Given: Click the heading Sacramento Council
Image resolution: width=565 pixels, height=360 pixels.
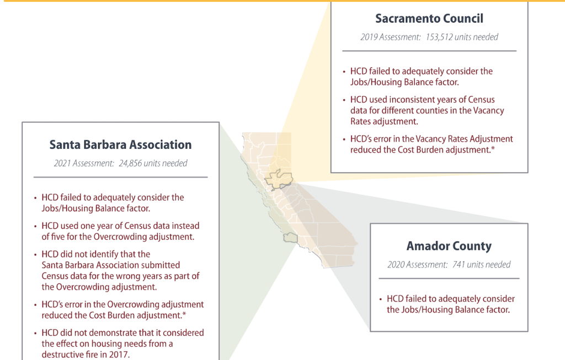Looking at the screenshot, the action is (x=429, y=18).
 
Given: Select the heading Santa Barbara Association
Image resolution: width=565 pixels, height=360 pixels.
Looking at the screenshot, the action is (x=120, y=145).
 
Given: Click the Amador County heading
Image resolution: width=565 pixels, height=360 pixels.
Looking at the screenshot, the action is (x=449, y=246).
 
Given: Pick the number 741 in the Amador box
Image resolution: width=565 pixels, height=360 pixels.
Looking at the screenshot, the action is (x=459, y=265).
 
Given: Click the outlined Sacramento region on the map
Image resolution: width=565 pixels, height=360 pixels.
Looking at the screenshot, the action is (x=278, y=179).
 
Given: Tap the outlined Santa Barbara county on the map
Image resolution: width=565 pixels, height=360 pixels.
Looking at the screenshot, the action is (x=290, y=238).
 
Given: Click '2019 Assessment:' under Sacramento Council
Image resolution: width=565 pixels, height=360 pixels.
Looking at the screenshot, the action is (x=391, y=37).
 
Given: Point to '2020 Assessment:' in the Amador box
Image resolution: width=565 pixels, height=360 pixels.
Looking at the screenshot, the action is (x=417, y=265).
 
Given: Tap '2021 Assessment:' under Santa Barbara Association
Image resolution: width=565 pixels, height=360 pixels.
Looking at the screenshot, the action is (x=84, y=163).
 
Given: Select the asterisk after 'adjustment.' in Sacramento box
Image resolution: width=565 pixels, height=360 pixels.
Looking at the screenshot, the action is (x=493, y=148).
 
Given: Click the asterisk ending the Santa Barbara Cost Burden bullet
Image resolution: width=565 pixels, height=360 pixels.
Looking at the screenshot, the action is (x=184, y=314).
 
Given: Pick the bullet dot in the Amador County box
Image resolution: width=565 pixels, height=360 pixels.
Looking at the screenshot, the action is (x=381, y=299).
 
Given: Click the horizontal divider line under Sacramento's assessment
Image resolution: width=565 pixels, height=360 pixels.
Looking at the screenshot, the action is (x=429, y=51).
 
